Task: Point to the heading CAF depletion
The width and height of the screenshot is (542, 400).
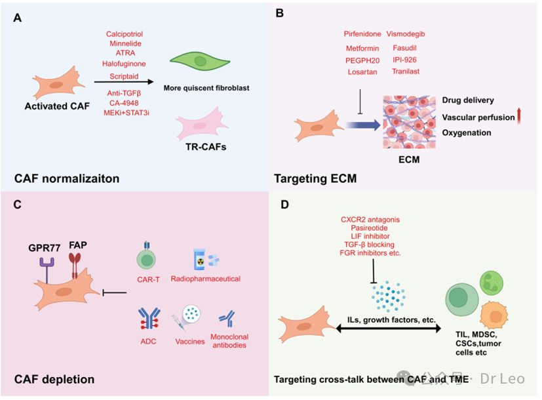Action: click(x=54, y=379)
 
